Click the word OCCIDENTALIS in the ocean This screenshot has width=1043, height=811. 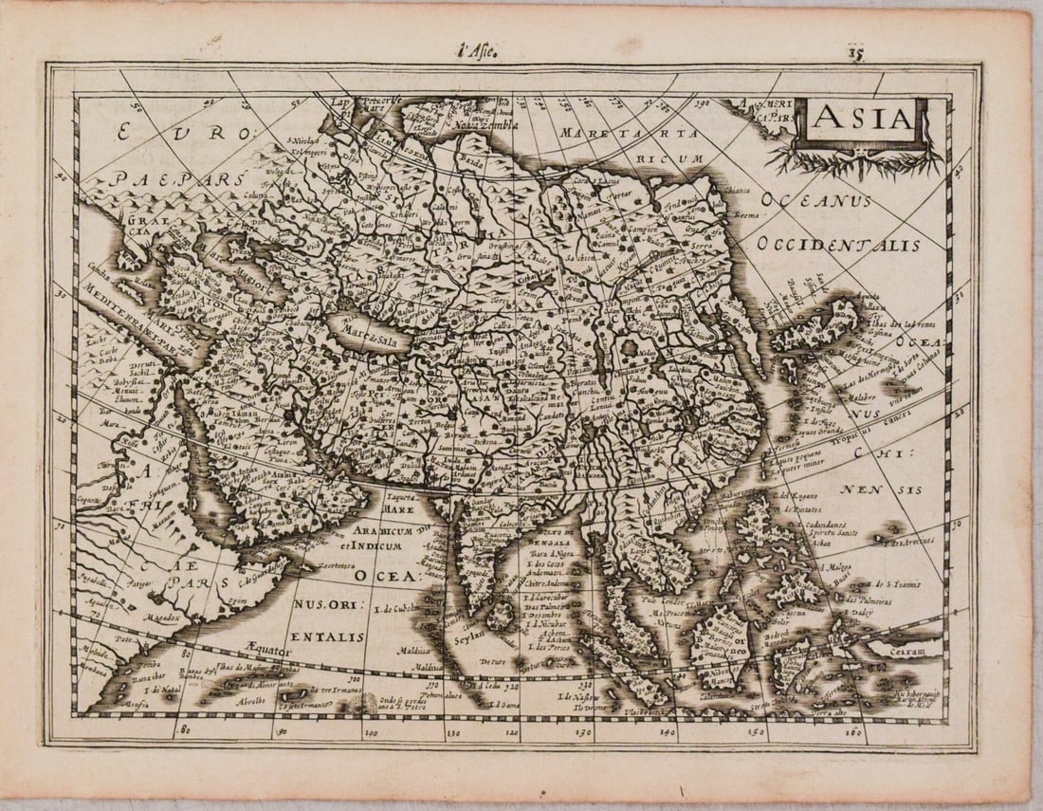coord(838,245)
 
